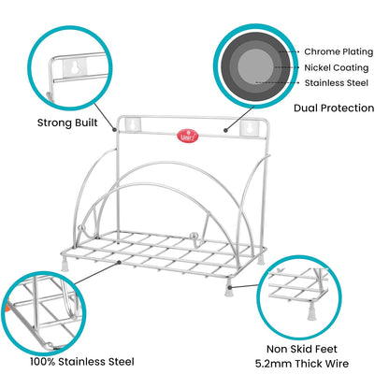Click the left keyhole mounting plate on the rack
[133, 122]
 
